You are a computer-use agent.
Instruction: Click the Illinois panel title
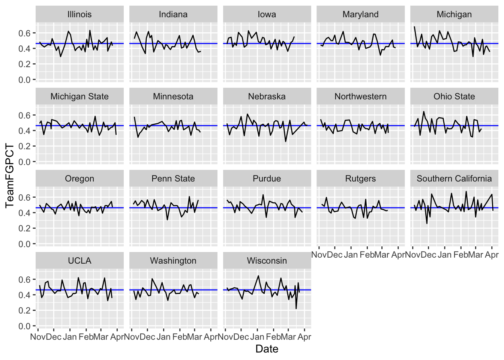[x=79, y=14]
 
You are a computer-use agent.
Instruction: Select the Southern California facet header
[x=454, y=178]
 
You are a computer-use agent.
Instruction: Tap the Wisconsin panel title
[x=267, y=261]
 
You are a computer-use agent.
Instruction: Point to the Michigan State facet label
[x=79, y=96]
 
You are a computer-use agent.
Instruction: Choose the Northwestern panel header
[x=360, y=96]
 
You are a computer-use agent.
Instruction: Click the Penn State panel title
[x=173, y=178]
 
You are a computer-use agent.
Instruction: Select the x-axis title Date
[x=267, y=349]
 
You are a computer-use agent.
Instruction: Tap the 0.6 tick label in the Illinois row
[x=25, y=33]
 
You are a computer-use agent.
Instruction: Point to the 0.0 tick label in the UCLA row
[x=25, y=326]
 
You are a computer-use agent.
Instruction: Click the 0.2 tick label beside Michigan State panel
[x=25, y=146]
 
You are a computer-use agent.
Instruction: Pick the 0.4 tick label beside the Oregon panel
[x=25, y=213]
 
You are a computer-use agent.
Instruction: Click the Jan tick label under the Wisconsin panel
[x=257, y=337]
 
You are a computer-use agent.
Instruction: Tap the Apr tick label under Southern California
[x=492, y=255]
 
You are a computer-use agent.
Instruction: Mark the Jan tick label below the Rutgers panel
[x=351, y=255]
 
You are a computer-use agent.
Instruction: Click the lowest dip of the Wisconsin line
[x=296, y=308]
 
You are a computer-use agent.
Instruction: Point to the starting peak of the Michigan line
[x=414, y=27]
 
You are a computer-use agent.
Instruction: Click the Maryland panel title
[x=360, y=14]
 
